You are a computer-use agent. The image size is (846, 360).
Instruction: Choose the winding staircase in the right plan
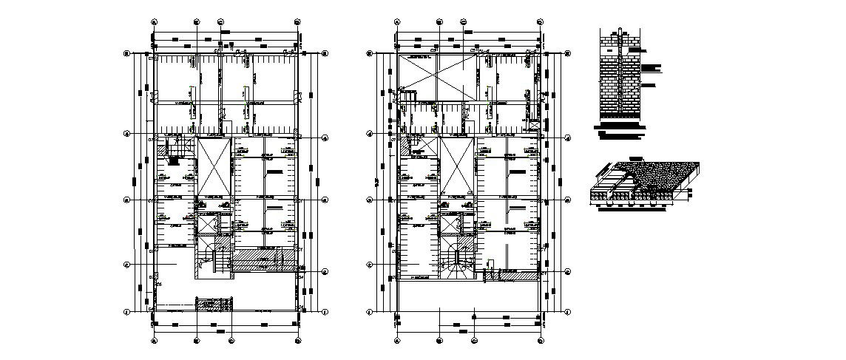click(458, 263)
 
